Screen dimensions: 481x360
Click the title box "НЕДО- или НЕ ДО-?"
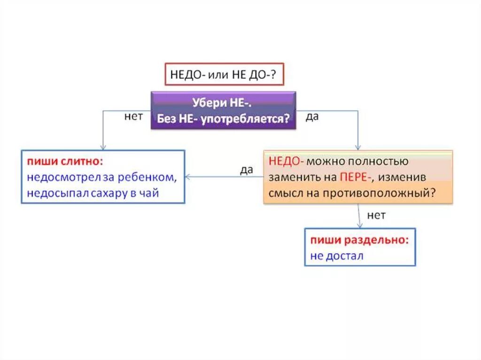[225, 74]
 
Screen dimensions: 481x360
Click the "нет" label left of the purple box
[133, 116]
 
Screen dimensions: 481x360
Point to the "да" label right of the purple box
[312, 116]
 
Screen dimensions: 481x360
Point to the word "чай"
[150, 193]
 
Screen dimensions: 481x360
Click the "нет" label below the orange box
[376, 215]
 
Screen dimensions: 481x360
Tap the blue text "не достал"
[337, 256]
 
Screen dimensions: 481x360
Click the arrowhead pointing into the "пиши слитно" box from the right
[188, 177]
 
